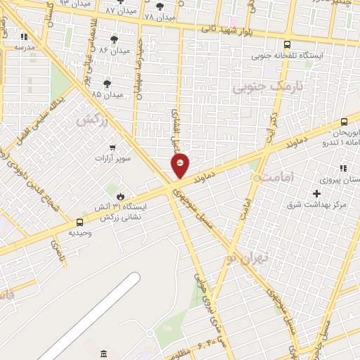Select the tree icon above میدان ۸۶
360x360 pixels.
pyautogui.click(x=115, y=39)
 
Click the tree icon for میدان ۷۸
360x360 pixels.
pyautogui.click(x=160, y=6)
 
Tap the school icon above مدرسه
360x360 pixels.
pyautogui.click(x=24, y=37)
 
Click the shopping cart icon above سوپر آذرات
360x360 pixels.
pyautogui.click(x=113, y=147)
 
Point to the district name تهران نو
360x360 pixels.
pyautogui.click(x=244, y=259)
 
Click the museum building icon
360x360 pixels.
pyautogui.click(x=103, y=352)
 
